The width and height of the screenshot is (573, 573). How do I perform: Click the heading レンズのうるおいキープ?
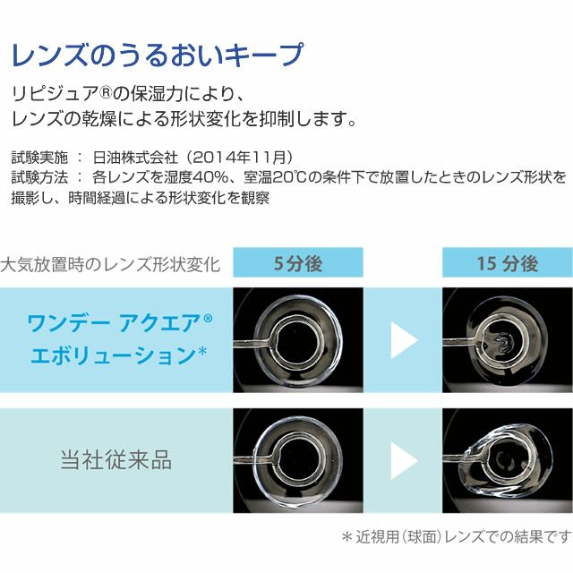point(158,55)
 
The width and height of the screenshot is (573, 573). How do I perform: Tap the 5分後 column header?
point(298,262)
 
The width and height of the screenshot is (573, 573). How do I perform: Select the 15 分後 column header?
point(508,262)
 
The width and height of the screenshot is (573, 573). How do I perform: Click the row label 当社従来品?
point(115,459)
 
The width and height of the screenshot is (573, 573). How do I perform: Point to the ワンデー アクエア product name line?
point(120,323)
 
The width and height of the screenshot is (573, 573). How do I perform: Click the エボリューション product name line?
point(119,355)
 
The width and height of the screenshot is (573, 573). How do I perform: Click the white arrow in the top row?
point(404,340)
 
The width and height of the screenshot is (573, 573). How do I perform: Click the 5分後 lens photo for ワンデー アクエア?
point(298,340)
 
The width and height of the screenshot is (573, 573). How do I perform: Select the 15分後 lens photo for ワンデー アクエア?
point(508,340)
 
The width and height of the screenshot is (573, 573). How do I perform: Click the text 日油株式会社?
point(135,158)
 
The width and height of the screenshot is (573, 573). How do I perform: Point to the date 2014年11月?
point(238,158)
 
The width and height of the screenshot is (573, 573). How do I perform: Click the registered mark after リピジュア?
point(106,93)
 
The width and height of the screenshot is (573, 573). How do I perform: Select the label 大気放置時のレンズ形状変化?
point(110,264)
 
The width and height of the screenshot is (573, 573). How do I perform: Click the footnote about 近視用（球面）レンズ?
point(457,537)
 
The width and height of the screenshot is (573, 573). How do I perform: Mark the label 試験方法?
point(39,177)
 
